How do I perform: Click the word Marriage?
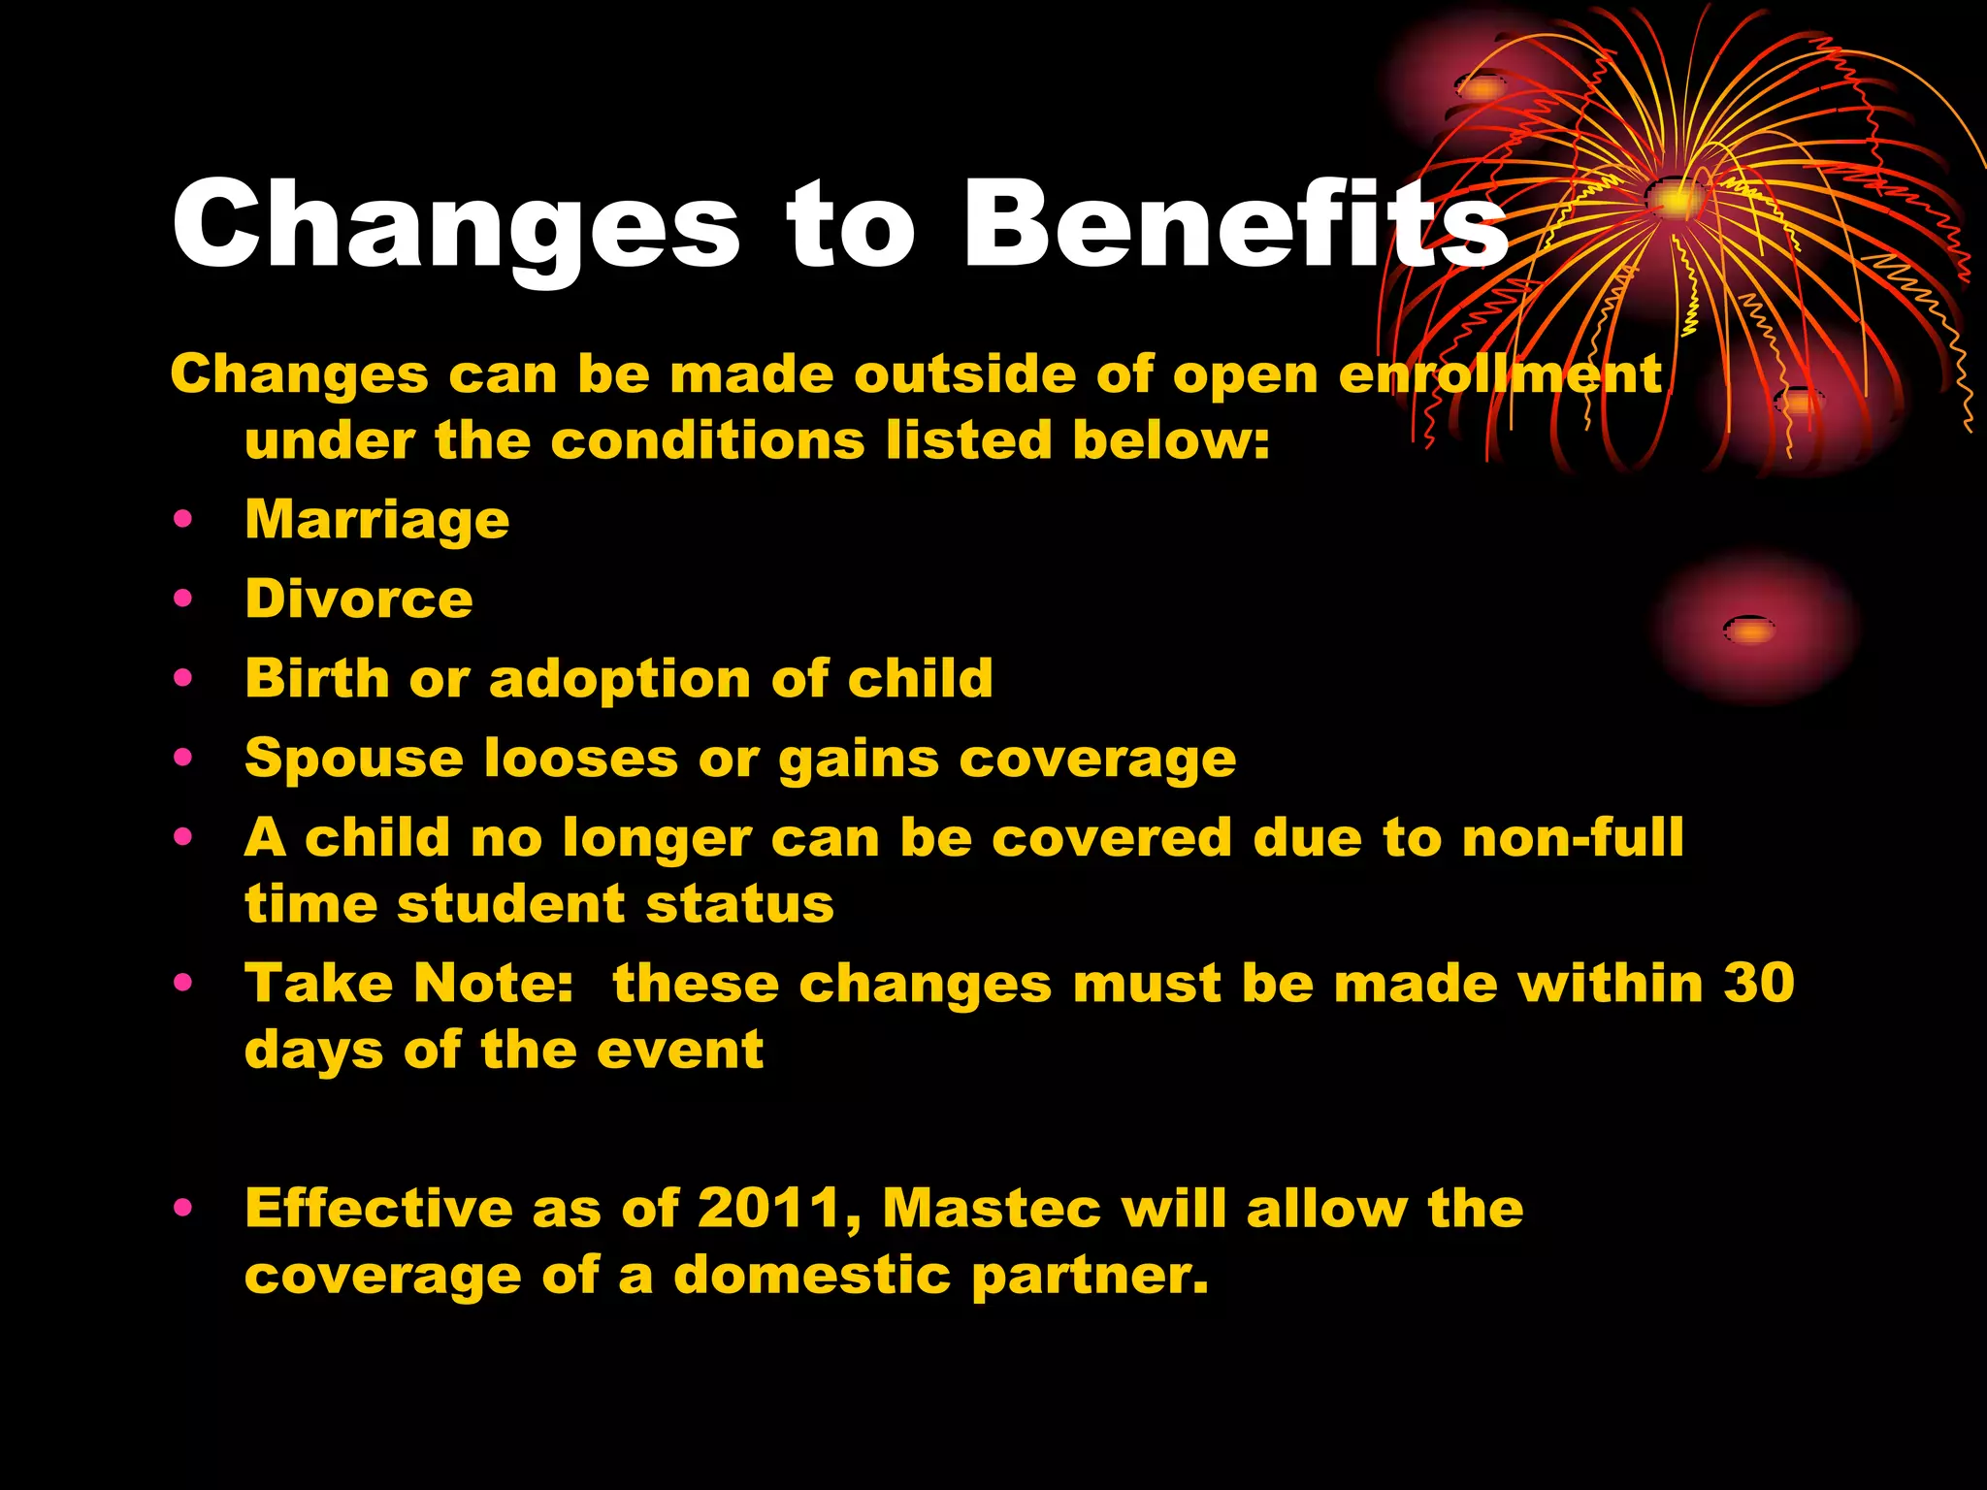376,521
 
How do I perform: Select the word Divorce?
359,599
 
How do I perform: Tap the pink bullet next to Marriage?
182,519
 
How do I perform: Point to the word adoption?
619,679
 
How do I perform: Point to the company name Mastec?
991,1210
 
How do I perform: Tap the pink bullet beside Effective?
182,1208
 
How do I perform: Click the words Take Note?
408,984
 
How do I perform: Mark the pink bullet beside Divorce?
182,599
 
